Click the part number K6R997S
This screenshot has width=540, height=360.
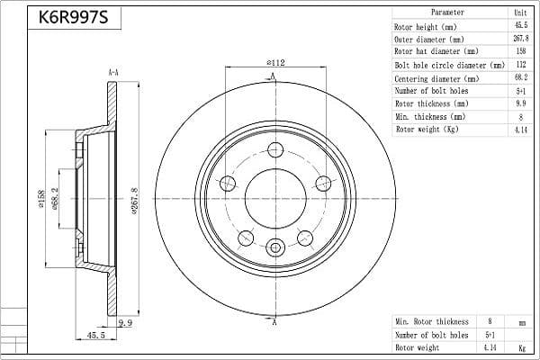(x=74, y=17)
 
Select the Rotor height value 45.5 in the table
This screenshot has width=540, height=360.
(x=521, y=25)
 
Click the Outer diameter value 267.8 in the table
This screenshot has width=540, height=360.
(x=521, y=39)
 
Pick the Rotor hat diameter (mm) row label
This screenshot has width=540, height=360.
(x=436, y=51)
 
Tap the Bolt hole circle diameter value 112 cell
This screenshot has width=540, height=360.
(x=521, y=65)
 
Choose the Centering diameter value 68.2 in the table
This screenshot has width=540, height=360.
(x=521, y=77)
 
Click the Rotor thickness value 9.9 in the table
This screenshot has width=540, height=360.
(x=521, y=103)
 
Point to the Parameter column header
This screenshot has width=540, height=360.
(x=447, y=13)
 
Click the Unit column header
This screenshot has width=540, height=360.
(x=521, y=13)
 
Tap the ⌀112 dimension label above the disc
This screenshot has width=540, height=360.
(x=275, y=63)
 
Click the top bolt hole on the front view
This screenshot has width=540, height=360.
(x=275, y=150)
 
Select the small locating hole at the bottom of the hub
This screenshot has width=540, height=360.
(x=275, y=247)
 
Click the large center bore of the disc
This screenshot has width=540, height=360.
(x=275, y=199)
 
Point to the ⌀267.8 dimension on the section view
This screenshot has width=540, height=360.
(x=134, y=201)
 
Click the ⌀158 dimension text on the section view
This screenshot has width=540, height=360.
(x=41, y=199)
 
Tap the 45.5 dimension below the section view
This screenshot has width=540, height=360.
(x=96, y=335)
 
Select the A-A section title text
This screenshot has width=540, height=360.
(x=113, y=73)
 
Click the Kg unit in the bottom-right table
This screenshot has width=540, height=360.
(x=522, y=347)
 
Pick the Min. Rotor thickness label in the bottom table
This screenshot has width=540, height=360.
(x=432, y=322)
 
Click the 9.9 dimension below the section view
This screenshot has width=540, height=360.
(x=125, y=323)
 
